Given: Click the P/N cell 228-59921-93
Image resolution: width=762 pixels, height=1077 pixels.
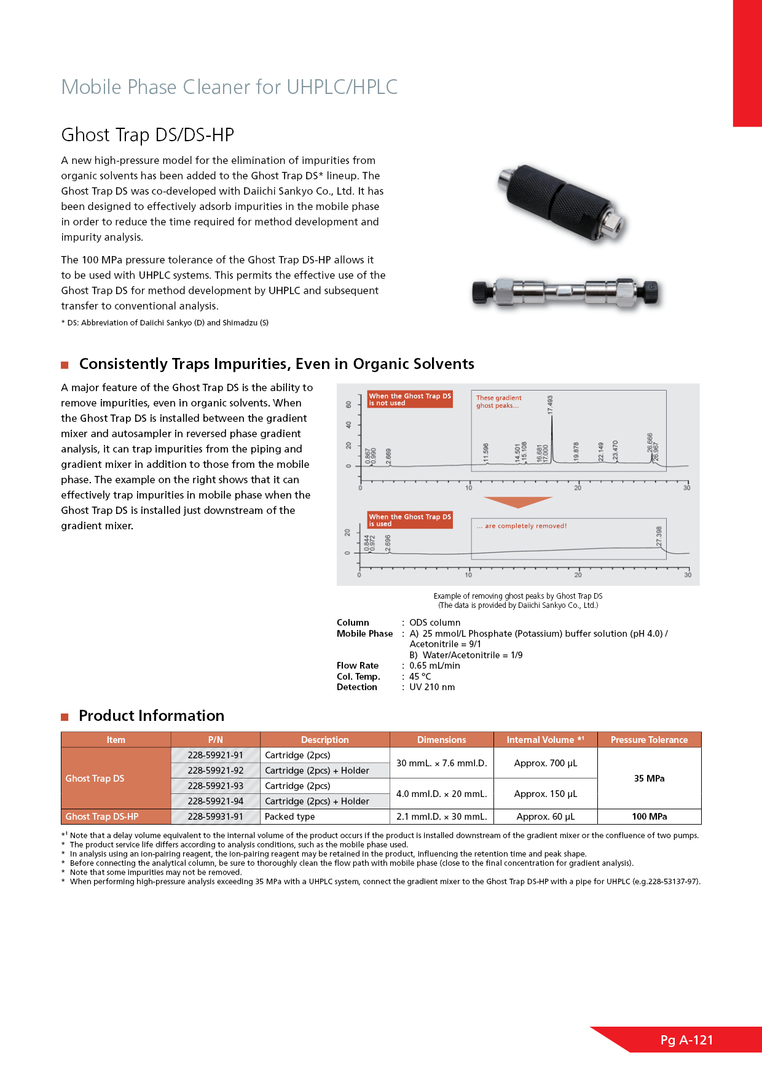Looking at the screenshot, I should coord(215,786).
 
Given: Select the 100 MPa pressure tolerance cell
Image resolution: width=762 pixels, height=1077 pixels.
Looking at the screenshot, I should coord(649,817).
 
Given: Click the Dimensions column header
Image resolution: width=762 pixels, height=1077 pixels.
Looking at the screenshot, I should coord(441,740).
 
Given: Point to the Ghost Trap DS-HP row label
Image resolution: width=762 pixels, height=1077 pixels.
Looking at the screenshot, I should coord(102,817).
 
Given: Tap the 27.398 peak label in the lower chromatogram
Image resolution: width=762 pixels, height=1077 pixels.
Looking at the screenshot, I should coord(659,536).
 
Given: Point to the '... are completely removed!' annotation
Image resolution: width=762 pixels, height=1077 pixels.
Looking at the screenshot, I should coord(522,526).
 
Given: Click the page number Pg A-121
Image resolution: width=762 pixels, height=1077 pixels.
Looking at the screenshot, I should coord(686,1040).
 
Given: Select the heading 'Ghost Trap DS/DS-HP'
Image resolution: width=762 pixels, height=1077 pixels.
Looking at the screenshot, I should coord(147,135).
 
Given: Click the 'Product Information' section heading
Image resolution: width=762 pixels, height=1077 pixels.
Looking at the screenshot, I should coord(151,716).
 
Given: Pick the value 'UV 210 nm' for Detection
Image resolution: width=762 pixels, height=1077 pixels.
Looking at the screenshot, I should coord(432,687).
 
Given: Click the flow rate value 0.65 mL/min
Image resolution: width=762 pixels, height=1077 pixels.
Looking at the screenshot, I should coord(434,666).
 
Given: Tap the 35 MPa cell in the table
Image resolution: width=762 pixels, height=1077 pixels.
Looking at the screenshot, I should coord(649,779).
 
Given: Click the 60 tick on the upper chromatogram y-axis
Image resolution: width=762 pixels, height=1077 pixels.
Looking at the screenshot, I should coord(348,405).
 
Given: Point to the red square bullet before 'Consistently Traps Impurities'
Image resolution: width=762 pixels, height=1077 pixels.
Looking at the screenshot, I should coord(65,365).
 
